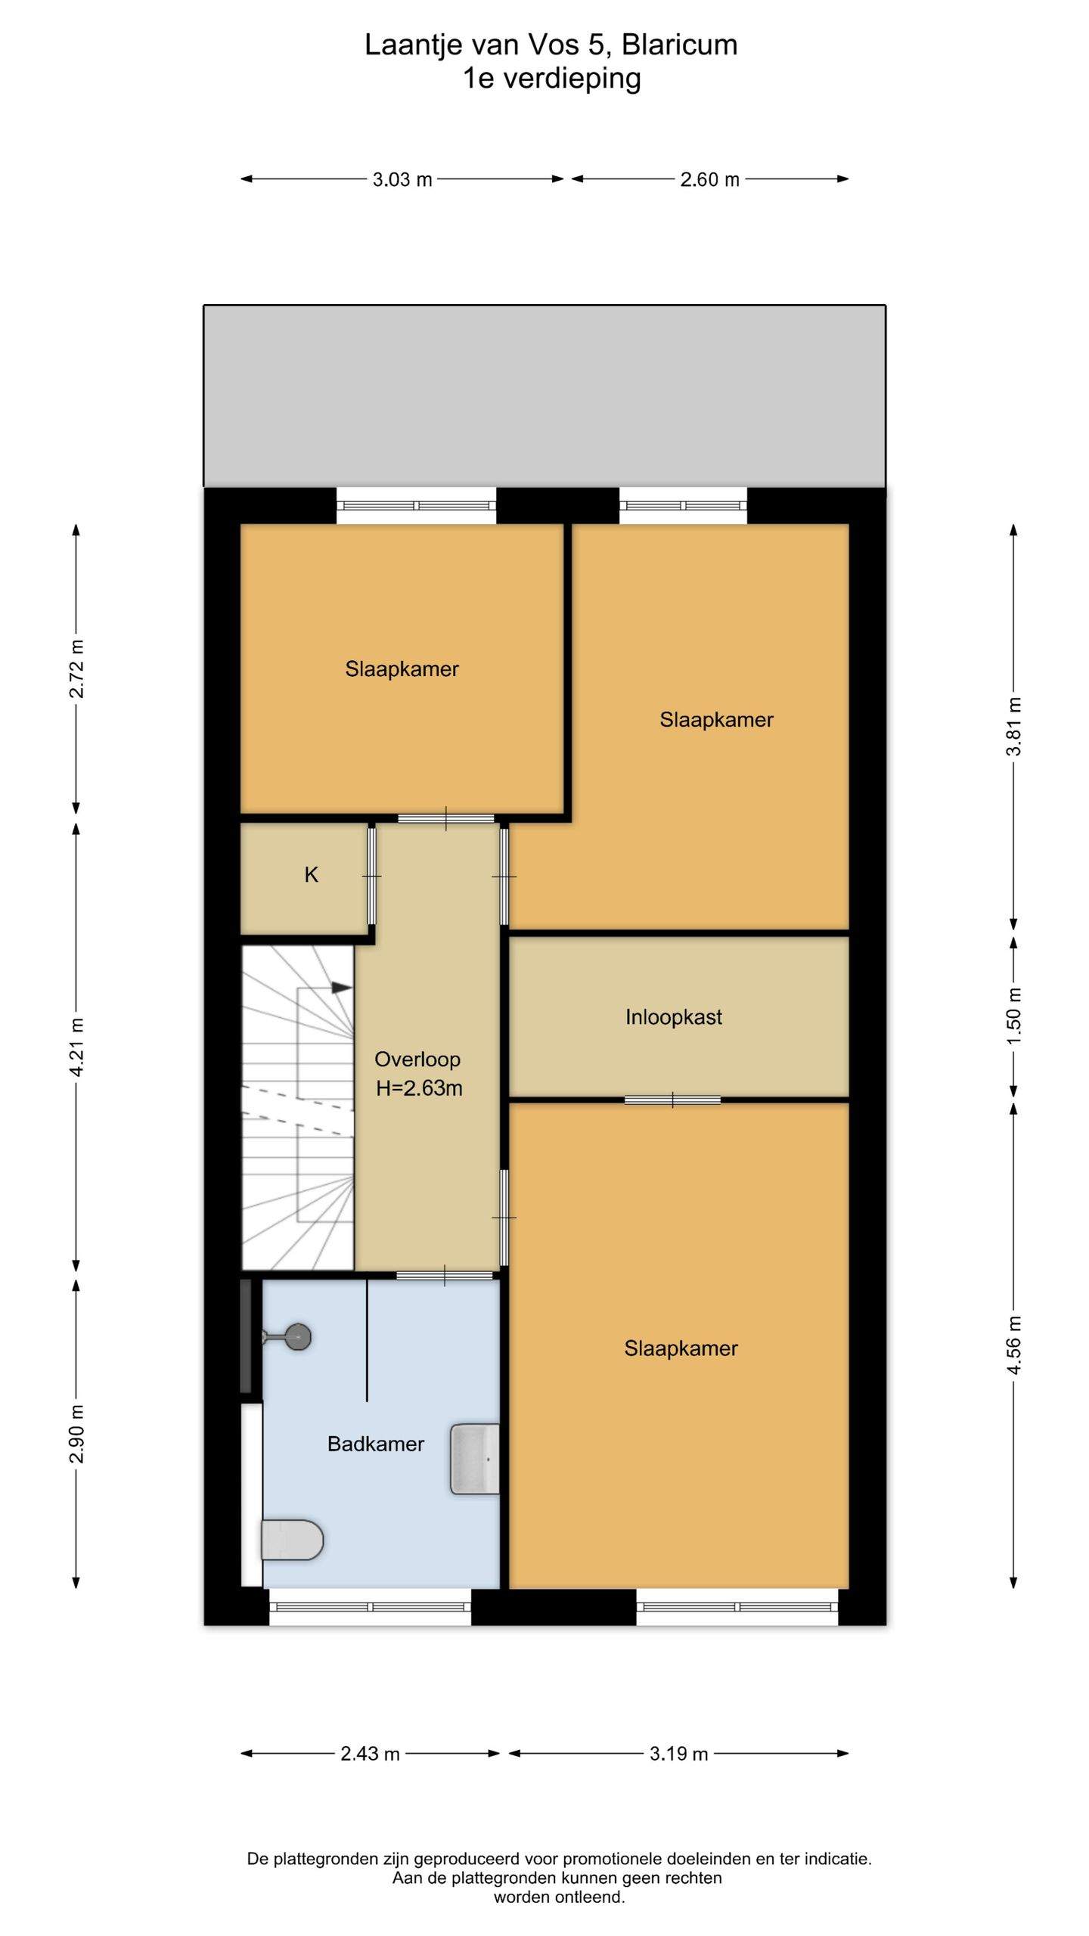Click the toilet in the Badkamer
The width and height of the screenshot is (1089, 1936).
pos(292,1540)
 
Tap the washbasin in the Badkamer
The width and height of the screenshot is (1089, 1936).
pos(475,1459)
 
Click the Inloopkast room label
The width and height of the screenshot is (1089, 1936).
pos(673,1017)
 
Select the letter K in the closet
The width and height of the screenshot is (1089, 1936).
pos(311,875)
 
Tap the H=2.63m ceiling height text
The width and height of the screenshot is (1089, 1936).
pos(419,1088)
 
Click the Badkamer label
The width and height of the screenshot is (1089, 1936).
pos(376,1444)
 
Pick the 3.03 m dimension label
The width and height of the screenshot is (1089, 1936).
pos(402,179)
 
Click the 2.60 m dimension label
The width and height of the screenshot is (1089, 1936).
pos(709,179)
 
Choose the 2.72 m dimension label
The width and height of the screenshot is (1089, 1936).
pos(76,669)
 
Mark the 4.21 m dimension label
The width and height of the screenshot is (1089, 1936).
pos(76,1047)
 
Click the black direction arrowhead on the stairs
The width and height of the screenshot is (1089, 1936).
pos(342,988)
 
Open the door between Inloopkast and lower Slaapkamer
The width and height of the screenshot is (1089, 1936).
pos(672,1100)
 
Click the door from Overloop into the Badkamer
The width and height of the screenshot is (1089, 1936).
pos(445,1276)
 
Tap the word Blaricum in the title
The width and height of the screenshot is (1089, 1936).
pos(679,45)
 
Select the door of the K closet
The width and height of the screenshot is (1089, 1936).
pos(371,876)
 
